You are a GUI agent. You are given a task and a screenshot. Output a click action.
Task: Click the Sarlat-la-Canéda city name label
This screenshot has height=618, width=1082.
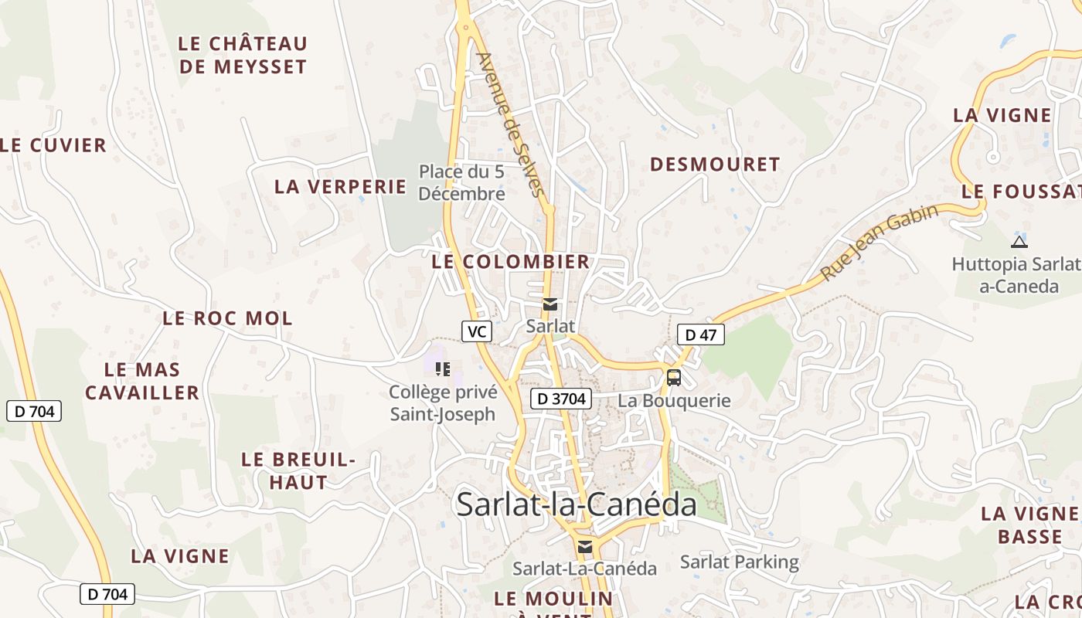[576, 504]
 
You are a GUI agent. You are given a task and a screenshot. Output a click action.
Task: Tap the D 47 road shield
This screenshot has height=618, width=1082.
[701, 334]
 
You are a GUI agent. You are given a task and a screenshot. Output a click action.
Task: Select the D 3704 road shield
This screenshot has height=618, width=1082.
[561, 399]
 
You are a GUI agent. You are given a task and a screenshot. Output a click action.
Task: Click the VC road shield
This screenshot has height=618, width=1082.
[477, 331]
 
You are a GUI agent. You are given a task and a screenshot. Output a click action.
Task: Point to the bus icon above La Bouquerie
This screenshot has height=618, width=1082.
[674, 378]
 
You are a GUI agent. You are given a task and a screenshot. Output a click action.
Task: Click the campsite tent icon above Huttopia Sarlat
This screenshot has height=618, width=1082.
[1019, 242]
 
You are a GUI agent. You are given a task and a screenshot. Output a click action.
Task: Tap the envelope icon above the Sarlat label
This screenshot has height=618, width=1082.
[550, 305]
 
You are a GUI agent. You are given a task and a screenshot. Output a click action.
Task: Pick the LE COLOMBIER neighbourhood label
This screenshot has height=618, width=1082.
[511, 262]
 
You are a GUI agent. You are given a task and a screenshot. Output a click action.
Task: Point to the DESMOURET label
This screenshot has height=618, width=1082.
[715, 165]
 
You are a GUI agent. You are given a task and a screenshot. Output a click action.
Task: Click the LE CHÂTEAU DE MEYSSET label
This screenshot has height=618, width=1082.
[243, 55]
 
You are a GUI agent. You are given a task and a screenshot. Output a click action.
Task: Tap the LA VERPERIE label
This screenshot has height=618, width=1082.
[340, 186]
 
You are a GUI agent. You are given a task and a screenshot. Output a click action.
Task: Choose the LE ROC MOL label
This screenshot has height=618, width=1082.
[227, 318]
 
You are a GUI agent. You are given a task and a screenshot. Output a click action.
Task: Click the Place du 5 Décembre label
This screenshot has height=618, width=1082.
[461, 182]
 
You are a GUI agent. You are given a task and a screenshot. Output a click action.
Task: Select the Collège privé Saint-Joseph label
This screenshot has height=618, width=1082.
[443, 403]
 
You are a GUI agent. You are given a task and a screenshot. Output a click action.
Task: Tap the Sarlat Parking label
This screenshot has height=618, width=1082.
[739, 562]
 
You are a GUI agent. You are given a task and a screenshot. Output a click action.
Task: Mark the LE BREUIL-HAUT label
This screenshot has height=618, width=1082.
[298, 470]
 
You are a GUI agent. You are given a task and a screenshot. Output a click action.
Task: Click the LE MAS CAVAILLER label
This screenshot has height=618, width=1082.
[142, 381]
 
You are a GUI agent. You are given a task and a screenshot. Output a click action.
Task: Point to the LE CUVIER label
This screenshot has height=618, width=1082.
[53, 145]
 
